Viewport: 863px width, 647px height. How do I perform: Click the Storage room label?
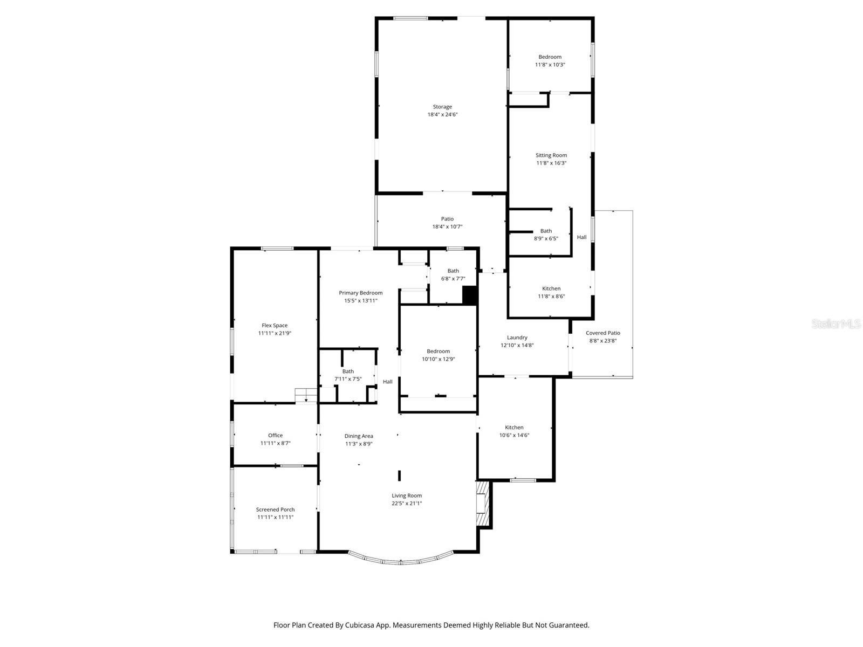coord(442,107)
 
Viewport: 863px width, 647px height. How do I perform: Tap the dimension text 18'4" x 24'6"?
coord(442,114)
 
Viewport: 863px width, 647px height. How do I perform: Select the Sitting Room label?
coord(551,155)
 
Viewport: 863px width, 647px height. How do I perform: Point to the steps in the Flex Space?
coord(306,395)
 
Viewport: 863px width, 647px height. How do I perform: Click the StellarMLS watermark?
coord(835,324)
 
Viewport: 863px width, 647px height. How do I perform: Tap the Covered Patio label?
coord(602,333)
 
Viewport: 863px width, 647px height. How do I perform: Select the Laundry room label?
coord(517,338)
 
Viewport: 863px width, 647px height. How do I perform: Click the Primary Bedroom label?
coord(360,293)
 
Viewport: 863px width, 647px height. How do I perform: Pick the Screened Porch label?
coord(275,510)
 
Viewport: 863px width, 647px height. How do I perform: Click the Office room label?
coord(275,435)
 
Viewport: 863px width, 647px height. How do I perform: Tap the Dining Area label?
coord(359,436)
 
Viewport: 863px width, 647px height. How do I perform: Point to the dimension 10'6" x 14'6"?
coord(514,435)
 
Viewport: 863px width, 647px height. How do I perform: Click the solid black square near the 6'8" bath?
coord(470,295)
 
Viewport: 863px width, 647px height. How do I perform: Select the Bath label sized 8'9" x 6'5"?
coord(546,231)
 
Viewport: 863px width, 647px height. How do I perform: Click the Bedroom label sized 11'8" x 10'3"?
coord(550,57)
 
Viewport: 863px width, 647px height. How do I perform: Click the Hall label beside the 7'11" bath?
coord(387,382)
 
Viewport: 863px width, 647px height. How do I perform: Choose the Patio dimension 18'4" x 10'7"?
coord(447,226)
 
